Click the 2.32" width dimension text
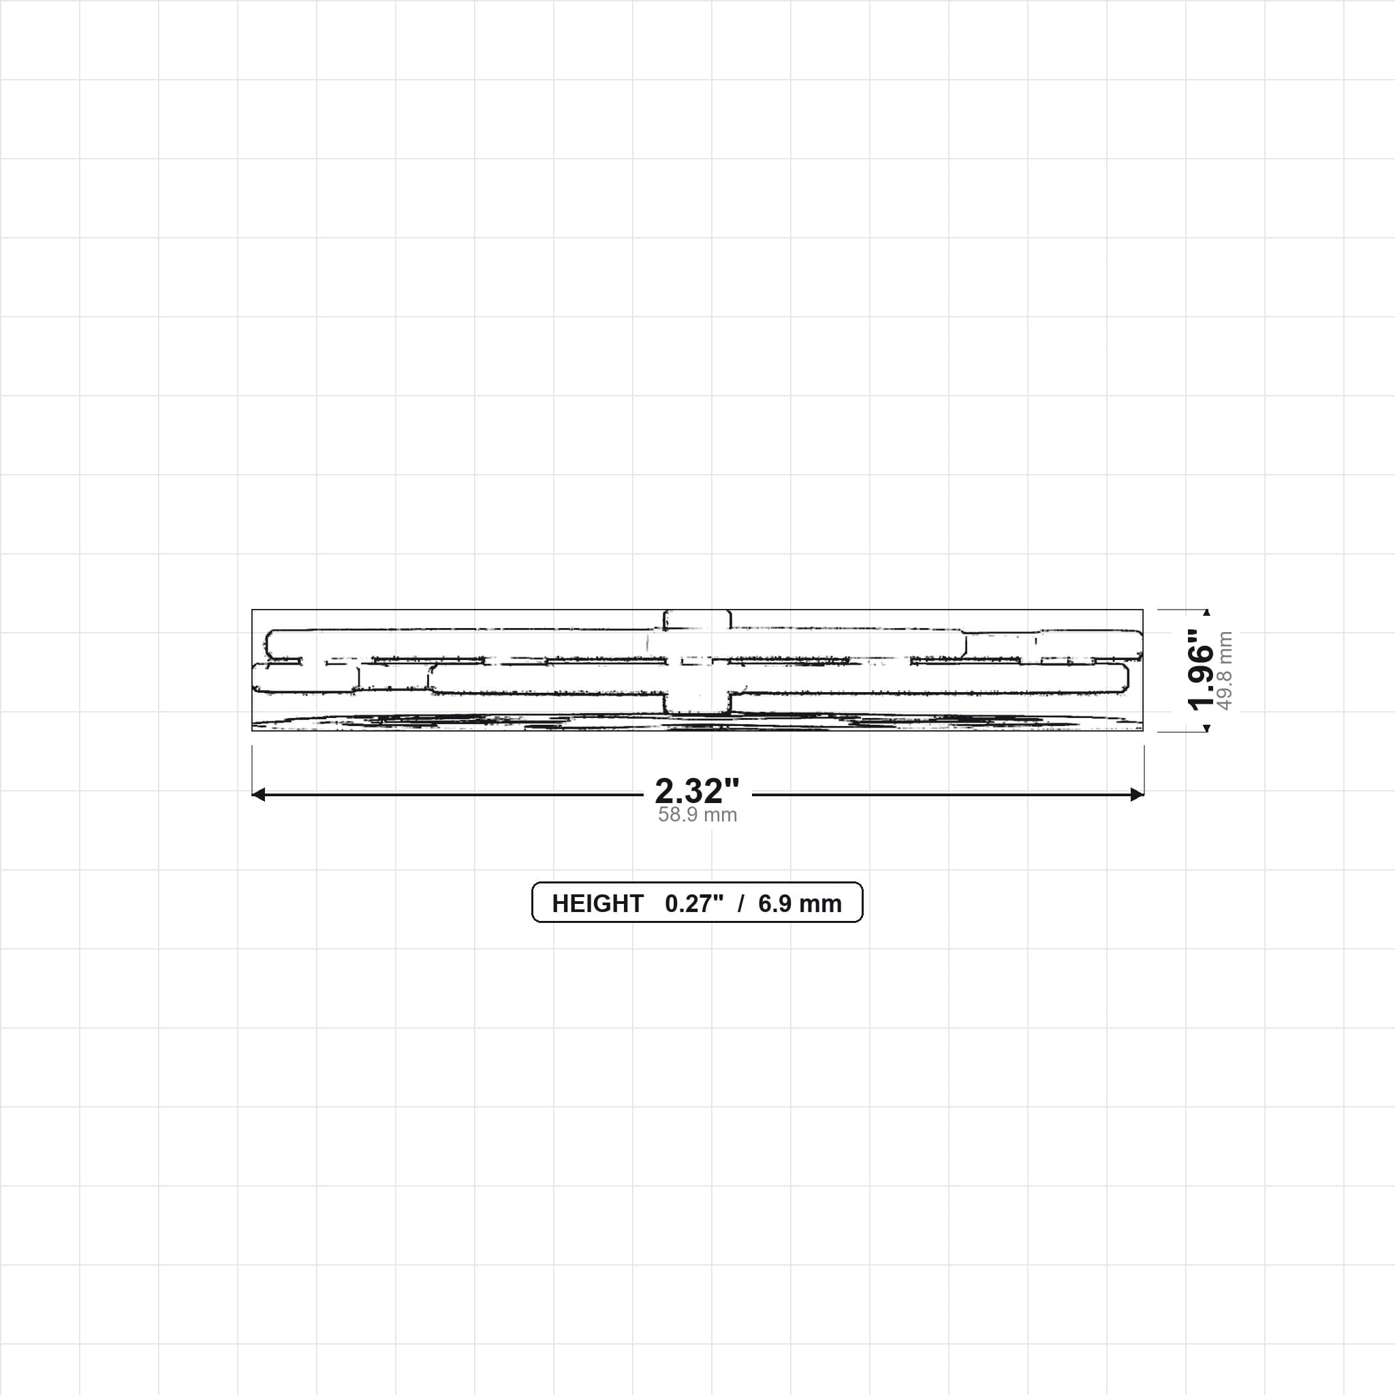pos(697,791)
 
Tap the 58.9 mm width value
pos(697,815)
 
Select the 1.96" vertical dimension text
pos(1201,670)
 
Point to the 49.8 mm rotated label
pos(1225,671)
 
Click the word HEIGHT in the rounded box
pos(597,903)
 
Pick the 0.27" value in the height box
pos(694,903)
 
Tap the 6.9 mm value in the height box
pos(800,903)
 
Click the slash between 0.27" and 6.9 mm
pos(741,903)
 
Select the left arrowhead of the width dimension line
pos(257,794)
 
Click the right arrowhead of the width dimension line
pos(1138,794)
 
